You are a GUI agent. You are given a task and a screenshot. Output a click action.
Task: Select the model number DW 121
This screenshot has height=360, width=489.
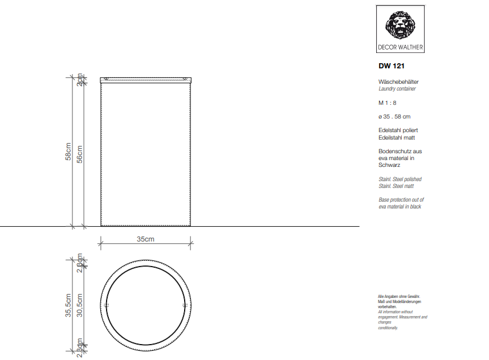pos(392,66)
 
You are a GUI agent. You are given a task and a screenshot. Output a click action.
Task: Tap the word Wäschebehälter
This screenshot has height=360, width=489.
pos(398,82)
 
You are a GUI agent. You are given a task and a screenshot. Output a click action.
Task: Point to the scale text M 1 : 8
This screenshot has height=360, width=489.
pos(387,103)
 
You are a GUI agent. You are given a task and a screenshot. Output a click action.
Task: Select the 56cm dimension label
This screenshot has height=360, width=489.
pos(80,153)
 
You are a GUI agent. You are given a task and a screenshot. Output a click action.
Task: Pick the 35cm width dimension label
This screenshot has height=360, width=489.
pos(145,239)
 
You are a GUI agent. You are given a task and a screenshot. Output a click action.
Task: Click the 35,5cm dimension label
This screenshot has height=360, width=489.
pos(67,305)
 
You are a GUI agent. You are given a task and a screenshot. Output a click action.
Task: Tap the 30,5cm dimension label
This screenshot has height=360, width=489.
pos(80,305)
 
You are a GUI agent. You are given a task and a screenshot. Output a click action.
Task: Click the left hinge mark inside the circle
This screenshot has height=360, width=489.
pos(107,305)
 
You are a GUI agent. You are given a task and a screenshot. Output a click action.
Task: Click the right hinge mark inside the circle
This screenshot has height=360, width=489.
pos(184,305)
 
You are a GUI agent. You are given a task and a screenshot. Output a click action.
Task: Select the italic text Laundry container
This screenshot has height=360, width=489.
pos(397,89)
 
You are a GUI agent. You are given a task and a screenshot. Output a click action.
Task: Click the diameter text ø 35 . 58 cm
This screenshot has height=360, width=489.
pos(394,117)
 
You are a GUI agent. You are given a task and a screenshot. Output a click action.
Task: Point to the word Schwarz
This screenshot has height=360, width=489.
pos(389,165)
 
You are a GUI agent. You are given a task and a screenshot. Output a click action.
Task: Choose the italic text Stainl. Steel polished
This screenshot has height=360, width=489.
pos(400,179)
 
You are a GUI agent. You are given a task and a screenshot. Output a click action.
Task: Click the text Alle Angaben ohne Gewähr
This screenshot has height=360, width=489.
pos(398,297)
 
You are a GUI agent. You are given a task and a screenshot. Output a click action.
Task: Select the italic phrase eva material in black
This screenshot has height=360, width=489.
pos(400,207)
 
